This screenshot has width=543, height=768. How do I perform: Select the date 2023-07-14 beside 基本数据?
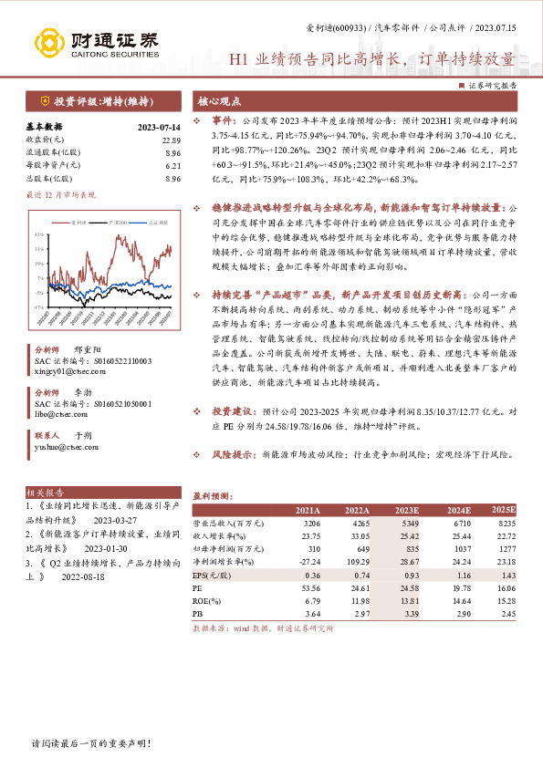click(x=158, y=128)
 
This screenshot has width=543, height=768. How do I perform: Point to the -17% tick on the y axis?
click(x=39, y=308)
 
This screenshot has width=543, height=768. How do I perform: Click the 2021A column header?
click(x=308, y=510)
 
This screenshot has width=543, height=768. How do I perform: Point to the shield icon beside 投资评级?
click(x=43, y=100)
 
